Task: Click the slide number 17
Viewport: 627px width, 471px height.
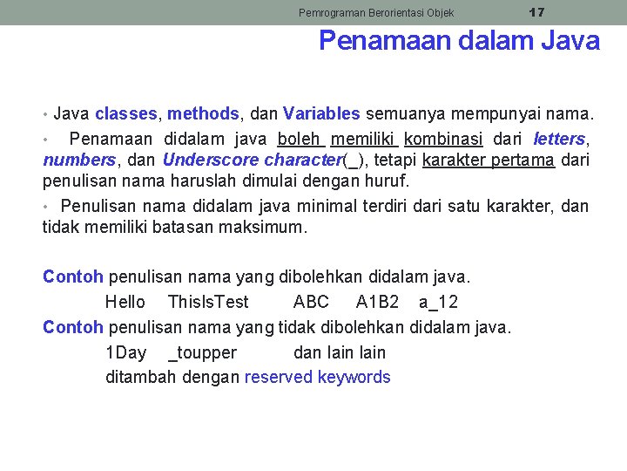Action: click(537, 12)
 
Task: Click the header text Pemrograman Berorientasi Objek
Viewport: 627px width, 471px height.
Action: click(376, 13)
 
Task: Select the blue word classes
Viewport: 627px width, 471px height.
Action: click(126, 113)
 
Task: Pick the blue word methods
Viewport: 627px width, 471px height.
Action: click(203, 113)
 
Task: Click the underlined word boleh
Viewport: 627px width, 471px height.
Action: click(300, 139)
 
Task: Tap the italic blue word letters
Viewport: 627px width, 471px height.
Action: click(559, 139)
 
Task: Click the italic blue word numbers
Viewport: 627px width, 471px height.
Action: click(78, 160)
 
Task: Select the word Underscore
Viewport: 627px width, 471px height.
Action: click(210, 160)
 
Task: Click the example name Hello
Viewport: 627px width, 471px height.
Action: click(125, 302)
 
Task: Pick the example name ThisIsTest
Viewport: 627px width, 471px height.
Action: click(208, 302)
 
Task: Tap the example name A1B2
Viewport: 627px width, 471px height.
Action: click(377, 302)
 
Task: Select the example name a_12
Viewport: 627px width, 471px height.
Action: click(438, 302)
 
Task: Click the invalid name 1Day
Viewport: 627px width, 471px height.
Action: click(125, 352)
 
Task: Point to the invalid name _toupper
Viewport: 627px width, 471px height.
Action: click(202, 352)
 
